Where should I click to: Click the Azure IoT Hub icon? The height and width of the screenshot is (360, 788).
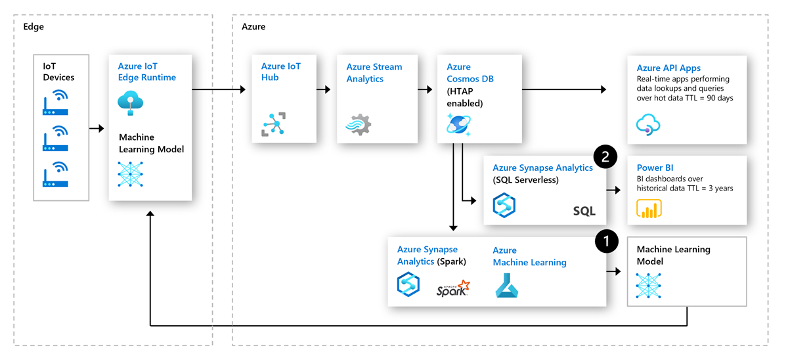(x=274, y=124)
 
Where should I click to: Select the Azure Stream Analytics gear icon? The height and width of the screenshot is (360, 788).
(x=359, y=124)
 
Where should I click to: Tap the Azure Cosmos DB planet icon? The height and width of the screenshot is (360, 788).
(x=458, y=124)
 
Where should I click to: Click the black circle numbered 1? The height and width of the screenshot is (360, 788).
(x=606, y=241)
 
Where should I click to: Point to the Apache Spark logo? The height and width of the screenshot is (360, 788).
(x=453, y=288)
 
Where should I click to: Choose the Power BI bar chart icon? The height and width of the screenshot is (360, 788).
(x=649, y=208)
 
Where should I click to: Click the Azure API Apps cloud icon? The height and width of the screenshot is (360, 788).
(x=648, y=124)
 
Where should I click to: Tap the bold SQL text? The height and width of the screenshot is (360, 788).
(x=584, y=211)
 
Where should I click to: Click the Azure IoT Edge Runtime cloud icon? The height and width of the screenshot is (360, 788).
(x=130, y=103)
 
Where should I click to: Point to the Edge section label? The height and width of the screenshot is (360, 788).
(x=33, y=27)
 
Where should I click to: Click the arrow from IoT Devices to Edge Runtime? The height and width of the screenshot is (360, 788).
(x=97, y=129)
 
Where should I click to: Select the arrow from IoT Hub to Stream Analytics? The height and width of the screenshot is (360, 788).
(x=323, y=89)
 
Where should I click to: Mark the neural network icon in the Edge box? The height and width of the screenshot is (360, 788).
(x=130, y=173)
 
